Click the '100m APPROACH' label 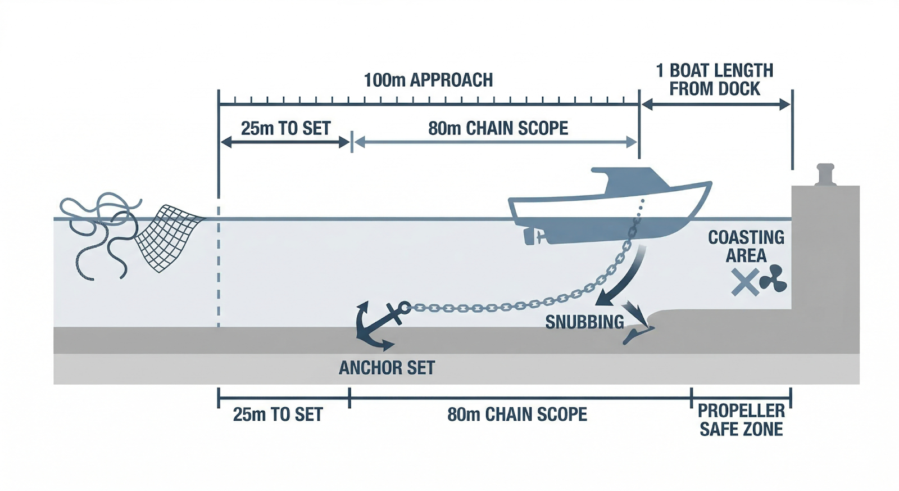coord(428,80)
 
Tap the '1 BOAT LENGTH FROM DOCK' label coord(715,80)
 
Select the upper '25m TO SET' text coord(285,128)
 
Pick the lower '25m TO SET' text coord(278,415)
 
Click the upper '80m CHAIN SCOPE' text coord(498,128)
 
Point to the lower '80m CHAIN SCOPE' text coord(517,415)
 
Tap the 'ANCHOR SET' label coord(387,368)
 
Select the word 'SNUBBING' coord(584,322)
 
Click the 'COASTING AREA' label coord(746,246)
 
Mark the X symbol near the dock coord(745,282)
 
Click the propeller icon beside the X coord(774,279)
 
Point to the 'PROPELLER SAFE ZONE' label coord(741,420)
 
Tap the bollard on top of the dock coord(825,174)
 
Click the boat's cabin coord(629,179)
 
